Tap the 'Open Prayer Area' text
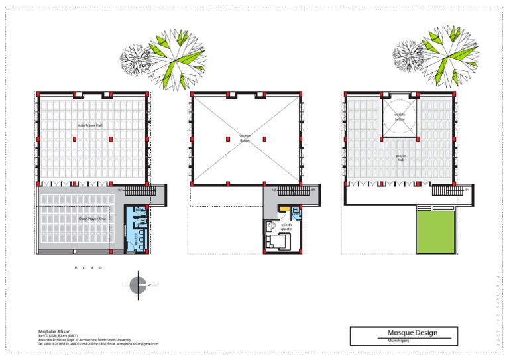click(x=92, y=218)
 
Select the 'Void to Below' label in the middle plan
click(x=245, y=138)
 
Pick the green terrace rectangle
click(x=435, y=229)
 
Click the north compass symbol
click(x=139, y=284)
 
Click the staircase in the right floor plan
click(x=445, y=190)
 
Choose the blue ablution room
click(x=138, y=229)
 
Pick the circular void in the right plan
click(x=400, y=118)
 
